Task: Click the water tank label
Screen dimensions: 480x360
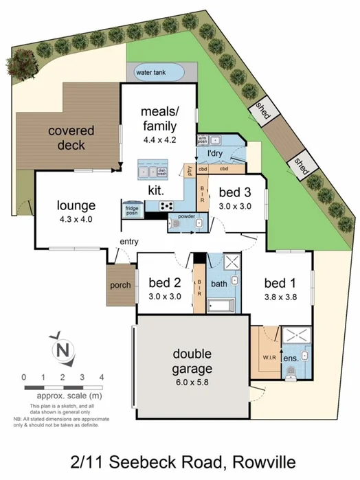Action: pyautogui.click(x=150, y=72)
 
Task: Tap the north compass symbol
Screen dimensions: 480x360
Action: pyautogui.click(x=64, y=349)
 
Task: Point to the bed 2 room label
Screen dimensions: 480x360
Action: pyautogui.click(x=164, y=283)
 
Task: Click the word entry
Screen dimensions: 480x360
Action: pyautogui.click(x=129, y=242)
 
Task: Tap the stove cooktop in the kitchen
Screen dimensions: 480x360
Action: pyautogui.click(x=166, y=205)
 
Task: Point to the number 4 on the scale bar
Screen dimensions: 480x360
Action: pyautogui.click(x=101, y=377)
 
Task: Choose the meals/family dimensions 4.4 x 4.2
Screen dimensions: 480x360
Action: pyautogui.click(x=159, y=139)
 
